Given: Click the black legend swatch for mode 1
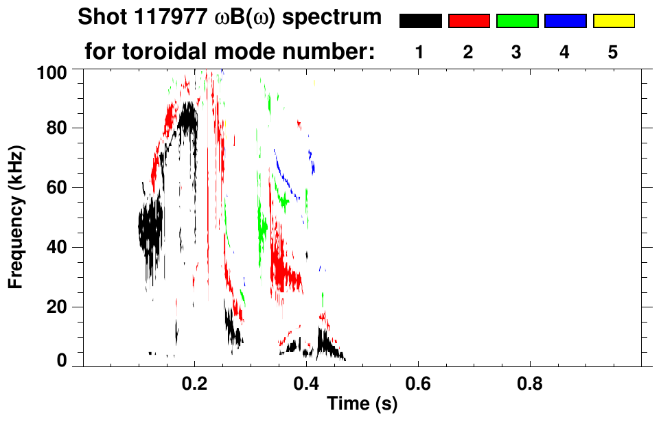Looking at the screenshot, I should click(420, 21).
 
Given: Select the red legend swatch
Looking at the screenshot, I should click(469, 21).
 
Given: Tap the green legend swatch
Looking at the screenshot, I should click(517, 21).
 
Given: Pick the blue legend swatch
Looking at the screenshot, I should click(565, 21).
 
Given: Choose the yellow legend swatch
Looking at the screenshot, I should click(614, 21).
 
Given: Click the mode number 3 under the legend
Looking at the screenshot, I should click(517, 53).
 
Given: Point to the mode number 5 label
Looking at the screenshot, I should click(614, 53).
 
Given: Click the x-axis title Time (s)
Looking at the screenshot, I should click(362, 404).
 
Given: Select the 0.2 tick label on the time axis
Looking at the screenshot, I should click(196, 383).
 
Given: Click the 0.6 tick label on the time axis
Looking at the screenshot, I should click(418, 383).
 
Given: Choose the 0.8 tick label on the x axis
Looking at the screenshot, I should click(529, 383).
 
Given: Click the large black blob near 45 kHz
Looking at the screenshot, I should click(150, 226).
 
